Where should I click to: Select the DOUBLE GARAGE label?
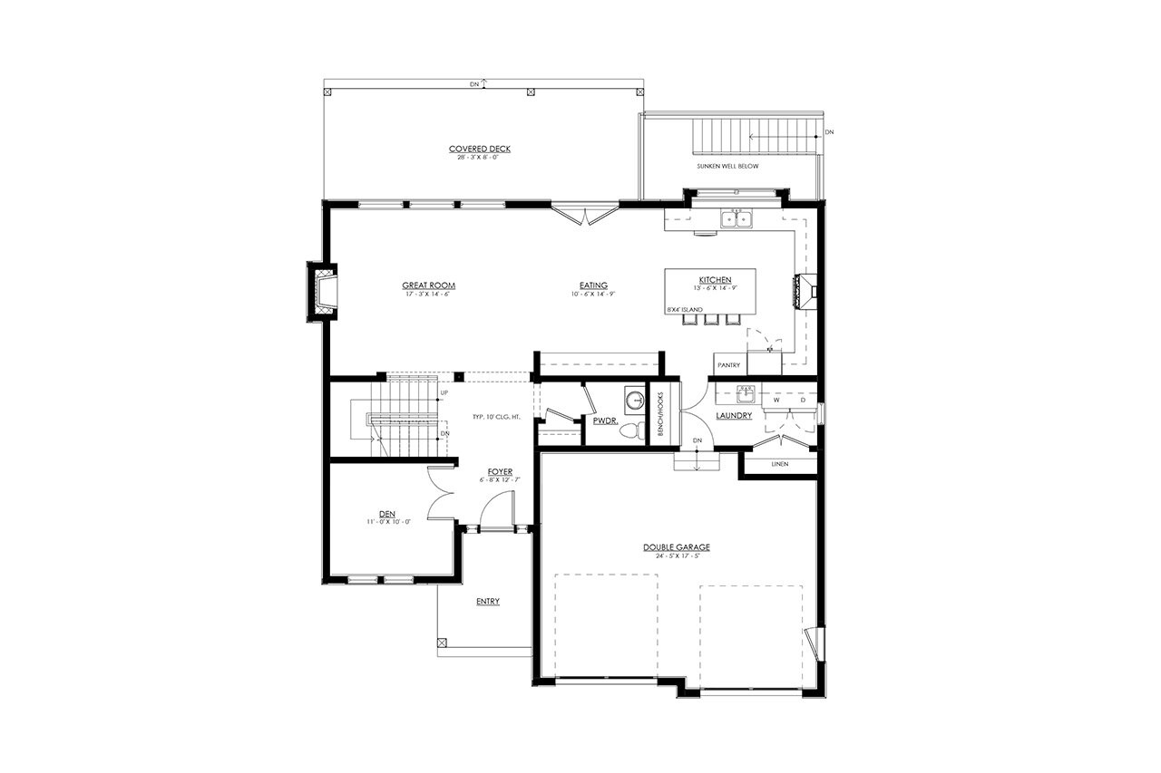click(676, 547)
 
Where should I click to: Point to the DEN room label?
click(387, 513)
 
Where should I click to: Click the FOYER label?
click(500, 472)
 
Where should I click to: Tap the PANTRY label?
click(728, 365)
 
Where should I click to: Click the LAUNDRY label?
click(733, 416)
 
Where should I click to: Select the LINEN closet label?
click(779, 464)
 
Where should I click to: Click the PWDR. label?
click(605, 421)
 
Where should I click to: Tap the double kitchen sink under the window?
click(736, 218)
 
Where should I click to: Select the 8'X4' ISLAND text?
click(685, 310)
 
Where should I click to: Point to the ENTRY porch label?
click(487, 602)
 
